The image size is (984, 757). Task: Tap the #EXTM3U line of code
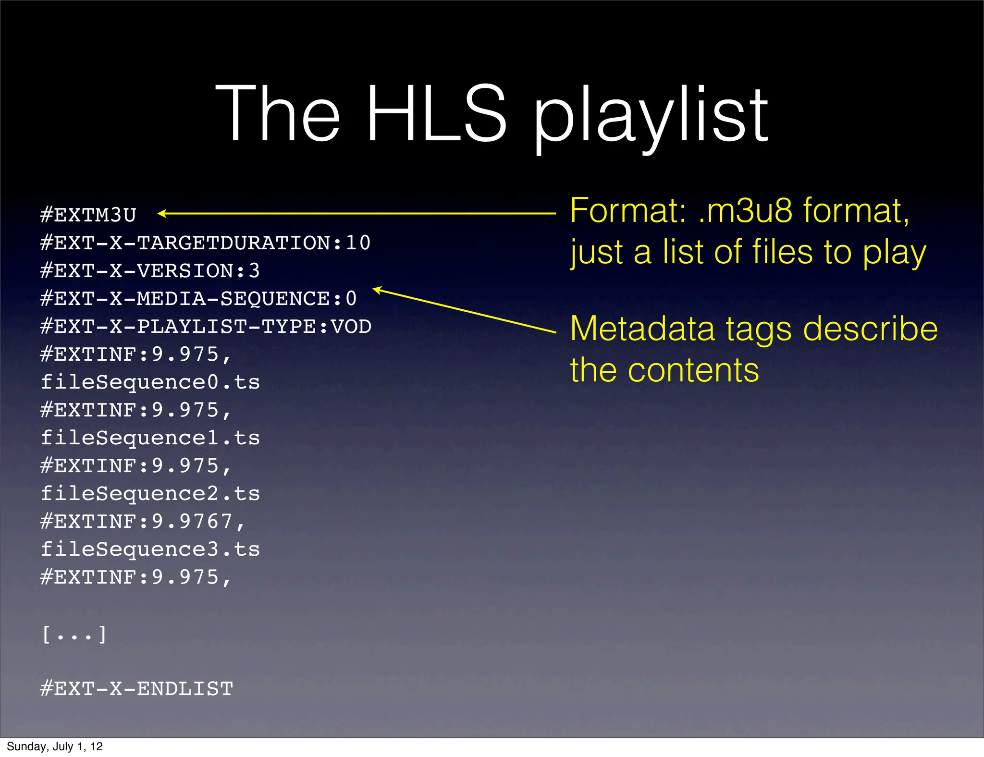pyautogui.click(x=88, y=215)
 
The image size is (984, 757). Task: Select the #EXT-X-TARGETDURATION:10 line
pyautogui.click(x=205, y=243)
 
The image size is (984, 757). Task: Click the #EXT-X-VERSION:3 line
pyautogui.click(x=150, y=271)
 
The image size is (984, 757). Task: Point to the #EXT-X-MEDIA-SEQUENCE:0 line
pyautogui.click(x=198, y=299)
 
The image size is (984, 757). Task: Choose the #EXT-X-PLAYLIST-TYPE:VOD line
pyautogui.click(x=206, y=327)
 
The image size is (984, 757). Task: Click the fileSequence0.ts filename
pyautogui.click(x=150, y=382)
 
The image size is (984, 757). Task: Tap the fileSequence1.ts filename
pyautogui.click(x=150, y=438)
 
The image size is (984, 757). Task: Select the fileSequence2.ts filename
pyautogui.click(x=150, y=494)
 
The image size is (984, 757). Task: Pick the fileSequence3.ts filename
pyautogui.click(x=150, y=549)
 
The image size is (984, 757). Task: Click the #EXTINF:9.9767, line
pyautogui.click(x=143, y=522)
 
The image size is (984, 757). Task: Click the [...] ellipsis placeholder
pyautogui.click(x=74, y=635)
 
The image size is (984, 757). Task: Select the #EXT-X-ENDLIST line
pyautogui.click(x=136, y=689)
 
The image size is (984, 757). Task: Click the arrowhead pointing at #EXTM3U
pyautogui.click(x=162, y=214)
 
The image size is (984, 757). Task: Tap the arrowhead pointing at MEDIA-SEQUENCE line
pyautogui.click(x=378, y=290)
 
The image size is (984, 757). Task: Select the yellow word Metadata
pyautogui.click(x=642, y=329)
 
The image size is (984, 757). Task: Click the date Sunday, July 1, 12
pyautogui.click(x=55, y=746)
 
